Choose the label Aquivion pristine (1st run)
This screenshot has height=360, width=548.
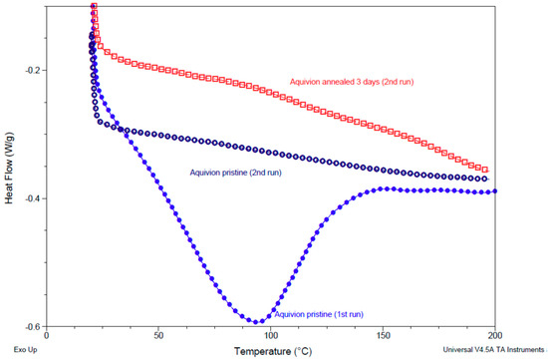coord(319,313)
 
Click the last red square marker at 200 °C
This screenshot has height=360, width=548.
coord(486,170)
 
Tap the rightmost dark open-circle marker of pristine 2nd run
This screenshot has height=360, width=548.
coord(486,179)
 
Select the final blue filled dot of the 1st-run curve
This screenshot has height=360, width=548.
coord(495,191)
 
